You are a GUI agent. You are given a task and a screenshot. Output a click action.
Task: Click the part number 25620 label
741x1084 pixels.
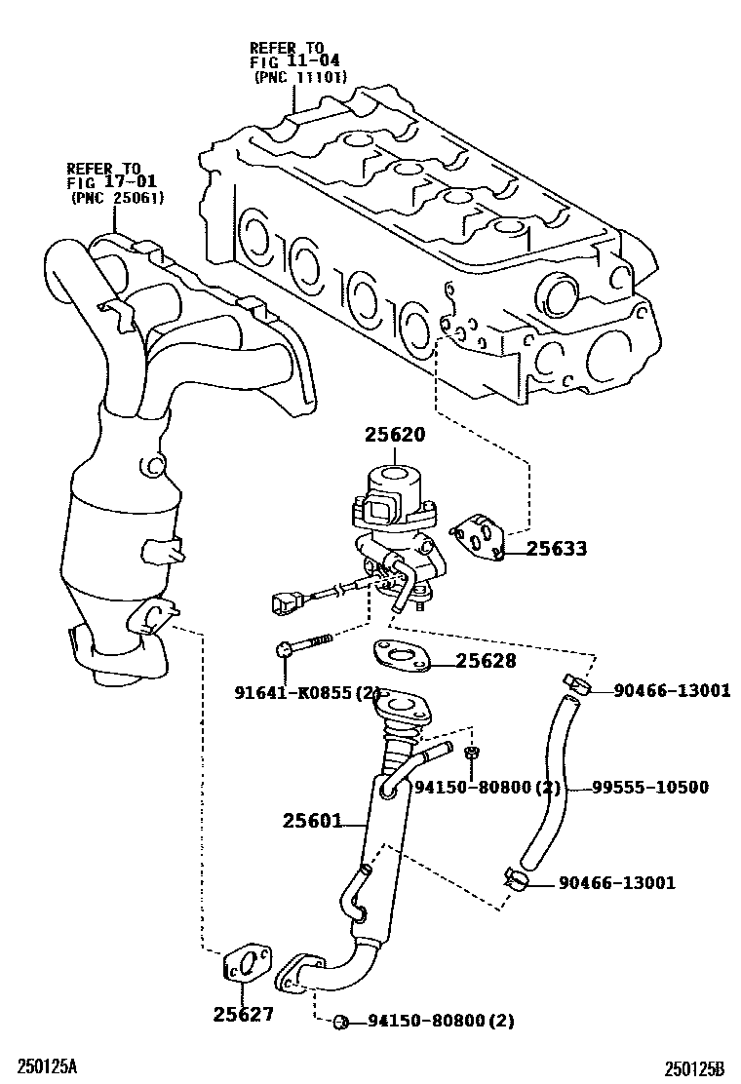point(395,434)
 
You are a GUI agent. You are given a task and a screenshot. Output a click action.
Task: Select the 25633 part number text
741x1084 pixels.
point(557,549)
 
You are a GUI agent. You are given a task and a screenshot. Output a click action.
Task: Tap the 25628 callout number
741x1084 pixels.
point(485,662)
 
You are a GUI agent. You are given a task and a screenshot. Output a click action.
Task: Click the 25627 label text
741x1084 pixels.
point(244,1014)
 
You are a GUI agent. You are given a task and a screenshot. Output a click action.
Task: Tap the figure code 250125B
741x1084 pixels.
point(695,1068)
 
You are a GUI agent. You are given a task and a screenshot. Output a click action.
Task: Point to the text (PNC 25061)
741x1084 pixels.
point(118,198)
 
